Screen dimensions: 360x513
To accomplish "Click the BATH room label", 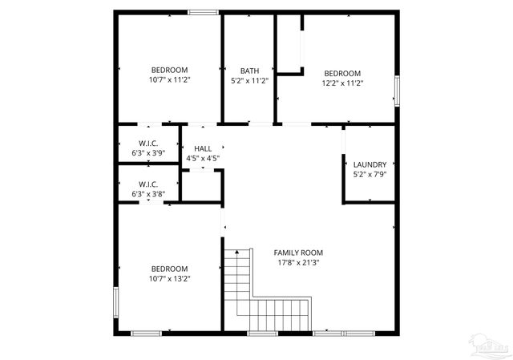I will (249, 71).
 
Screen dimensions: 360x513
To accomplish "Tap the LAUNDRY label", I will (370, 164).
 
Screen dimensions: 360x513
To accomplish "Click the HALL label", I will (203, 148).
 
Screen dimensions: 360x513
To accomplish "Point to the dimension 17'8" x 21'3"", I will (301, 262).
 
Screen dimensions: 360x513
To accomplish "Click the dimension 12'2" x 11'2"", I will (343, 83).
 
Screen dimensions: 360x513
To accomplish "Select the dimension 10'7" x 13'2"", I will (170, 278).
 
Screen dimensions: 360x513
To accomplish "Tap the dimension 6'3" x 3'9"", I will (148, 152).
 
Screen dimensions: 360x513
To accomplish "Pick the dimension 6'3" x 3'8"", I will (148, 193).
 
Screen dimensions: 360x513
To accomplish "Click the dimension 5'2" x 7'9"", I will (370, 174).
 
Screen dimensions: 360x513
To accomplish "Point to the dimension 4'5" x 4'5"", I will (203, 158).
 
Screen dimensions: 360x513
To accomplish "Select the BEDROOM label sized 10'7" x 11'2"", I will (170, 70).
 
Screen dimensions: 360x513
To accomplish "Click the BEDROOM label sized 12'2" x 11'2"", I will (343, 73).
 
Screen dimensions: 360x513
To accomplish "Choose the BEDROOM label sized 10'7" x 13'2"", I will (170, 269).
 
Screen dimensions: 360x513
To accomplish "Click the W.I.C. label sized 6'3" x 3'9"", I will (148, 143).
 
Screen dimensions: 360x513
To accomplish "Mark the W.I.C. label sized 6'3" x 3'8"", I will (148, 184).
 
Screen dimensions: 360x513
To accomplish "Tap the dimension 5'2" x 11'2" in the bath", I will (249, 80).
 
